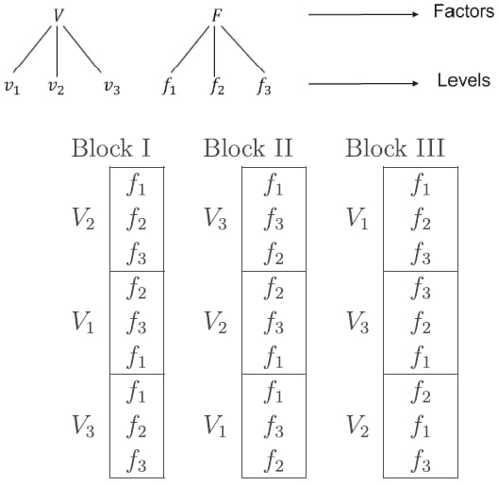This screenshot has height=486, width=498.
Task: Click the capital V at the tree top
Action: (x=58, y=15)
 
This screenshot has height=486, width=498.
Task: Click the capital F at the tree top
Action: (x=217, y=15)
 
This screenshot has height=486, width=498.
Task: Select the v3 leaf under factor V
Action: (x=112, y=87)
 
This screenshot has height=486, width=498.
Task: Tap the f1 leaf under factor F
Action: (x=169, y=87)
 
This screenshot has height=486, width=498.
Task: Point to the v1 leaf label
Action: (x=12, y=87)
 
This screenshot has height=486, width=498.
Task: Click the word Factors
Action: (x=464, y=11)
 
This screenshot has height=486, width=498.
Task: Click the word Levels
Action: (x=464, y=80)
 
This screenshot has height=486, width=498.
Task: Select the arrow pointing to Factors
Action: (x=364, y=14)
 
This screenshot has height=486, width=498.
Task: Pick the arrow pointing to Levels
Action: (x=364, y=84)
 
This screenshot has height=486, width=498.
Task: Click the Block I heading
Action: (x=111, y=148)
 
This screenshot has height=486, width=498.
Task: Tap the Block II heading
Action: (x=248, y=148)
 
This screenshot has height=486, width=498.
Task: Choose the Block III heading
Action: (x=395, y=148)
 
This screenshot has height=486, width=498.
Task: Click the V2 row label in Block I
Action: (x=83, y=219)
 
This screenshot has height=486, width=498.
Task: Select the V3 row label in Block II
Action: (x=215, y=219)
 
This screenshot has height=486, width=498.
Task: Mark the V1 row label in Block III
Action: (x=357, y=219)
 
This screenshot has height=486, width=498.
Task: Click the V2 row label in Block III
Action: (x=357, y=426)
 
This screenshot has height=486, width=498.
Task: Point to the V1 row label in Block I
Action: (x=83, y=322)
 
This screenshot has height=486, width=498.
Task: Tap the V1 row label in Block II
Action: (x=215, y=426)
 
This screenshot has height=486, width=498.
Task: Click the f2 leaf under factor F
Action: (x=218, y=87)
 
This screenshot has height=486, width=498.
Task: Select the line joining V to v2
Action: (x=57, y=51)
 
